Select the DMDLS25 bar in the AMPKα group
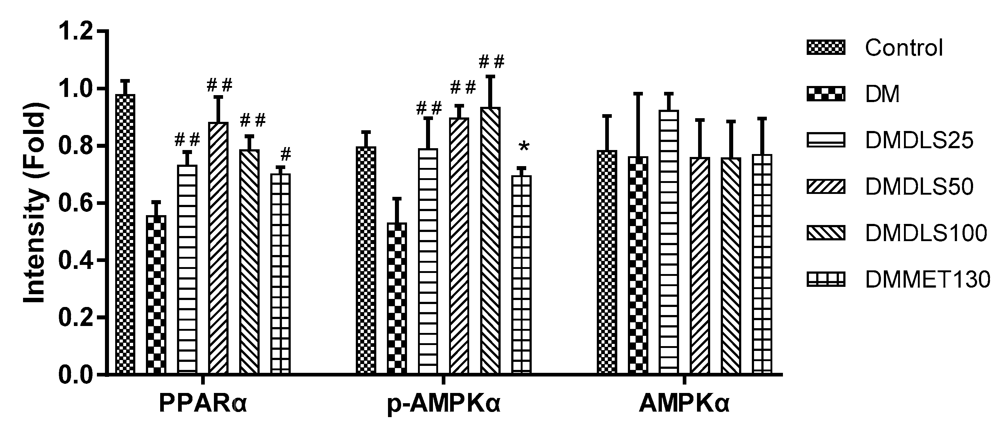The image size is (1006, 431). (x=669, y=242)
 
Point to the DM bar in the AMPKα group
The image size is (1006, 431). (x=638, y=265)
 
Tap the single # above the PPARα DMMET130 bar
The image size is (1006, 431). (x=286, y=154)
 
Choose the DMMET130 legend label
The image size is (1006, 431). (x=927, y=280)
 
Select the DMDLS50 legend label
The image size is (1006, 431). (x=919, y=187)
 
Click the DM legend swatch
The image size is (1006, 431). (x=826, y=94)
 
